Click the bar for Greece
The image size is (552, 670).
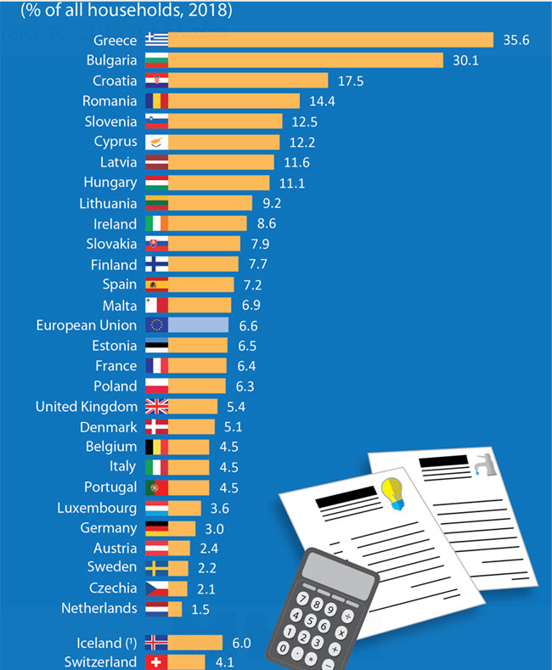330,40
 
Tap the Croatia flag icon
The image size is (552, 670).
157,81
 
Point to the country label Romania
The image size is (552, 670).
109,101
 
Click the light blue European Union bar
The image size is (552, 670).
199,325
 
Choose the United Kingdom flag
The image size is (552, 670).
157,407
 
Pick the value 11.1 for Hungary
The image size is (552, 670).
289,183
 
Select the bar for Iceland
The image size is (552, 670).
194,642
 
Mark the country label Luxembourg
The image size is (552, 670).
97,509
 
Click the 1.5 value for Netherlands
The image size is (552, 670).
201,608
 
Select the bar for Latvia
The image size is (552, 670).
221,162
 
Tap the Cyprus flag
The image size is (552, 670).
157,142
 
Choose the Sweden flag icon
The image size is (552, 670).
157,567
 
